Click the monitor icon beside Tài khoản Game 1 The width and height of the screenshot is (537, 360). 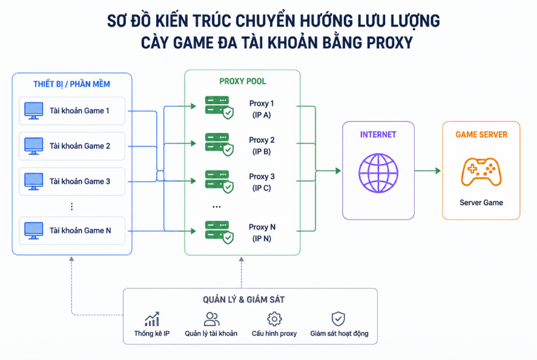[x=33, y=111]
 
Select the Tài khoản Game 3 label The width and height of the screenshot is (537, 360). [x=80, y=182]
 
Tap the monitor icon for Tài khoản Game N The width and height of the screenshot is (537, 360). [x=33, y=231]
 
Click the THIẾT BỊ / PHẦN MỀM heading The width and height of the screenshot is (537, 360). [x=71, y=84]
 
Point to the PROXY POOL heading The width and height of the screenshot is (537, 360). [x=243, y=82]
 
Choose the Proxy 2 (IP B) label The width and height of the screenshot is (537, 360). [x=262, y=146]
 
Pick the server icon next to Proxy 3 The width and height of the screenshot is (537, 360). [x=219, y=182]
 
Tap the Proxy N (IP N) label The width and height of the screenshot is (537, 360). [x=262, y=233]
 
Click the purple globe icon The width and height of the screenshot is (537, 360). [x=378, y=173]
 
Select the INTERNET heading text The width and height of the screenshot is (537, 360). [x=378, y=134]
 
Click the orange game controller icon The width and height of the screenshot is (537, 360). [x=481, y=172]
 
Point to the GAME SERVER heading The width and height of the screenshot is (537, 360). [x=481, y=134]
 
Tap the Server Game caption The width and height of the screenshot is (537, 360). [x=481, y=203]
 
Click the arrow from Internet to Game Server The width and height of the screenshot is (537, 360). [x=427, y=171]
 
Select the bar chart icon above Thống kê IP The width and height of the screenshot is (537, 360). [x=152, y=319]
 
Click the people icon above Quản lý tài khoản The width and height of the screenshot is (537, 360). [x=211, y=319]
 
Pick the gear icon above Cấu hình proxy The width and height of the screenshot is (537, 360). [x=274, y=319]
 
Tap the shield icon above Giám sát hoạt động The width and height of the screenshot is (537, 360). [x=338, y=319]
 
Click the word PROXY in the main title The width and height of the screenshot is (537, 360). [x=389, y=43]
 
